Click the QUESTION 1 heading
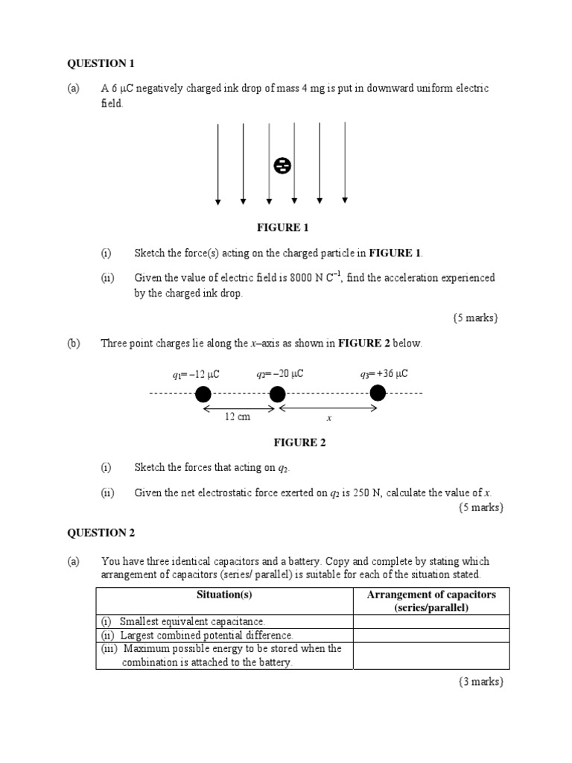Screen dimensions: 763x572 tap(101, 63)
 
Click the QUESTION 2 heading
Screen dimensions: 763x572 tap(101, 533)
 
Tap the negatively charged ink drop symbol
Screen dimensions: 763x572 tap(282, 165)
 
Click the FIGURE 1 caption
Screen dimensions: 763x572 tap(282, 227)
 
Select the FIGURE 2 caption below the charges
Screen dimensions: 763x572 tap(300, 443)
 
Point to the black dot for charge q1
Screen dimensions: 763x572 tap(203, 393)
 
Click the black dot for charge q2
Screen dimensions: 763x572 tap(277, 393)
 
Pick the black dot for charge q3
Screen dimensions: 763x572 tap(378, 393)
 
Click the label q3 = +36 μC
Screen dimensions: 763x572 tap(384, 374)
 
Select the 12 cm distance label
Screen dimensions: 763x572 tap(238, 417)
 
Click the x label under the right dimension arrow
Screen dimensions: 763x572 tap(328, 418)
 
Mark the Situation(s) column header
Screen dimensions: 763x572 tap(224, 595)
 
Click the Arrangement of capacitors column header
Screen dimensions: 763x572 tap(431, 601)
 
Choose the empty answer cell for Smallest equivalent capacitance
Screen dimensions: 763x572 tap(431, 621)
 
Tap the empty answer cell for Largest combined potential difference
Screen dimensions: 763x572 tap(431, 636)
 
